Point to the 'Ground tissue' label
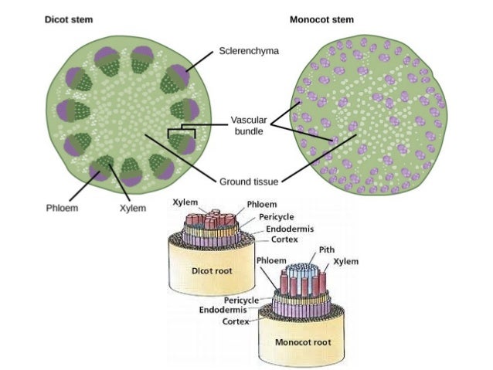pyautogui.click(x=249, y=182)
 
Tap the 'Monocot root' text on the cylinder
pyautogui.click(x=304, y=341)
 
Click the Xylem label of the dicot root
pyautogui.click(x=185, y=202)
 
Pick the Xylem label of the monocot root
pyautogui.click(x=346, y=262)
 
